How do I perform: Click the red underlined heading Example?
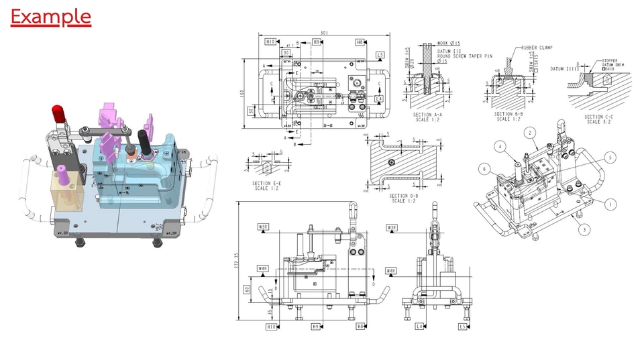[x=51, y=16]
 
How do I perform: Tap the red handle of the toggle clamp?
[x=59, y=113]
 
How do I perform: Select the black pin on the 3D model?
[x=144, y=139]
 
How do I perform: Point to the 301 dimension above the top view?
[x=324, y=33]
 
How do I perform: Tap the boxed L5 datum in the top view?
[x=380, y=55]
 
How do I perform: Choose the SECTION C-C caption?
[x=594, y=119]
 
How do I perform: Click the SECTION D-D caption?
[x=400, y=198]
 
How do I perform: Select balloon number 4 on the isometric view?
[x=500, y=145]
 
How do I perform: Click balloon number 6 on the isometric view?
[x=483, y=170]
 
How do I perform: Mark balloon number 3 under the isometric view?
[x=584, y=230]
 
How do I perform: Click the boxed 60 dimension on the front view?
[x=247, y=290]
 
